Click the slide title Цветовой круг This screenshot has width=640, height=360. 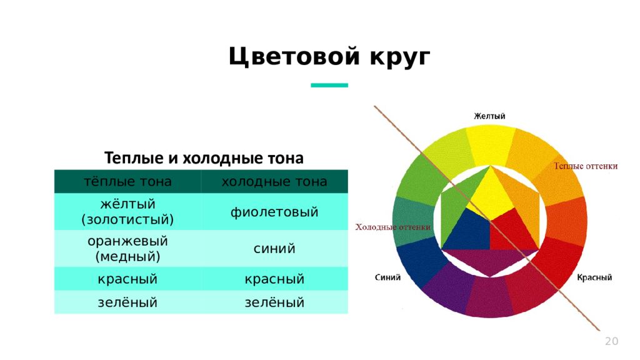(329, 57)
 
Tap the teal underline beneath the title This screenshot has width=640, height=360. (329, 85)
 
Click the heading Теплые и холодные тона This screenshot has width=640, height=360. (203, 157)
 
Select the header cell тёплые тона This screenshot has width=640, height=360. (127, 181)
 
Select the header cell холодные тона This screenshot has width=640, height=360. (274, 181)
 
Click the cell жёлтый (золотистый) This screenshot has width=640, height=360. (127, 212)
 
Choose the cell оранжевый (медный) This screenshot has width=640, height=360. (127, 248)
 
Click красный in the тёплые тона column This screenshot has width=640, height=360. (127, 279)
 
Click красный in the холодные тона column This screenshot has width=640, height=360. (274, 279)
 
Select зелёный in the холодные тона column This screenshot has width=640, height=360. (274, 302)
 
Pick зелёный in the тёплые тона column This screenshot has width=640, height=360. (127, 302)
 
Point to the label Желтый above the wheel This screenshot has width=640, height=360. (489, 116)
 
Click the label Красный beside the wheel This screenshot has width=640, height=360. (594, 277)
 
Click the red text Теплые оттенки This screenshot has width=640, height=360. (586, 166)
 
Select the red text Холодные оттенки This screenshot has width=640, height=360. (392, 227)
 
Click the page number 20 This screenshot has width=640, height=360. (611, 341)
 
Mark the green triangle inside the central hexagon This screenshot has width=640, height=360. (459, 200)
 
